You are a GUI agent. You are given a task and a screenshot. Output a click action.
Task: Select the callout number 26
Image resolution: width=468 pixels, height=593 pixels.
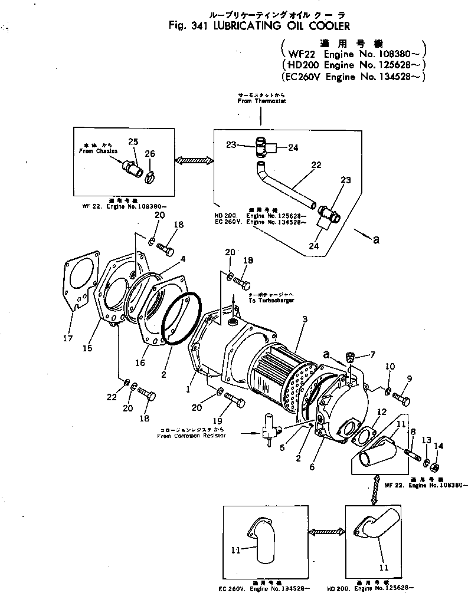pos(150,154)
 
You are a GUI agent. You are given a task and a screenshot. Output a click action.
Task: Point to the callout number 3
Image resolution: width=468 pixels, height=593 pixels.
pos(305,319)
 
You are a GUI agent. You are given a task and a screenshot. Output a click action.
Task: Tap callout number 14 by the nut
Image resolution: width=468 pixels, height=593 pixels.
pos(436,446)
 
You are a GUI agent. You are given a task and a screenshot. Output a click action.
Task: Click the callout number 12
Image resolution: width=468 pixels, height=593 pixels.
pos(382,412)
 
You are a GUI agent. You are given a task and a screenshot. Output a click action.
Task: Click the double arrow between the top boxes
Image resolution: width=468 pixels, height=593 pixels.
pos(193,159)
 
